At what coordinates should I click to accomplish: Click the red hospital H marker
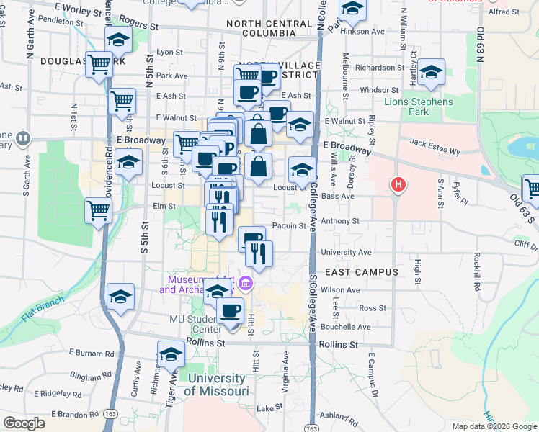[x=397, y=186]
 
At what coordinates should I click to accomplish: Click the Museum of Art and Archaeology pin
[x=245, y=284]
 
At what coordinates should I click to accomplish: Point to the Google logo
[x=24, y=423]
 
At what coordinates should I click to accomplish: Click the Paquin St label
[x=290, y=226]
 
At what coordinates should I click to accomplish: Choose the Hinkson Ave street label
[x=367, y=32]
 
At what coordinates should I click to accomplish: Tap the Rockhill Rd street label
[x=477, y=270]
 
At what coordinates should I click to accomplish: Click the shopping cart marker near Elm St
[x=98, y=211]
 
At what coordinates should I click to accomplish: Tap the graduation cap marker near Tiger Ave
[x=171, y=354]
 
